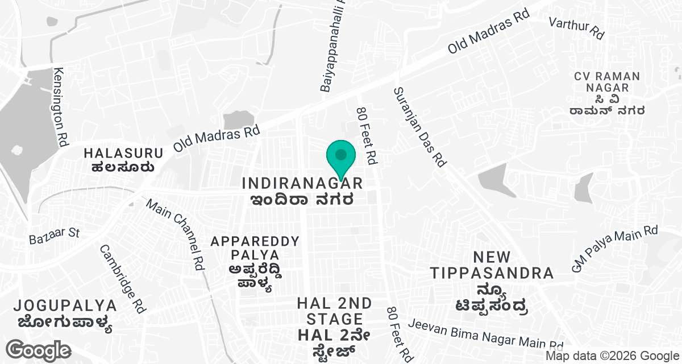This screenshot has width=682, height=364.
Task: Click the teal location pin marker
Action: pyautogui.click(x=340, y=158)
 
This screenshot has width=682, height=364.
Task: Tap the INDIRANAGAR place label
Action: pyautogui.click(x=302, y=183)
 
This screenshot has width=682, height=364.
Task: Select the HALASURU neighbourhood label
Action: pyautogui.click(x=123, y=153)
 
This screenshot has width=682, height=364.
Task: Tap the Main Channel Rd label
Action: pyautogui.click(x=176, y=234)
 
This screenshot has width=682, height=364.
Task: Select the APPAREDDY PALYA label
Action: pyautogui.click(x=255, y=248)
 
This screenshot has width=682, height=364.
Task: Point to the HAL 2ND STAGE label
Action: pyautogui.click(x=334, y=311)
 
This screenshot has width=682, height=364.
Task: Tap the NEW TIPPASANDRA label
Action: pyautogui.click(x=492, y=265)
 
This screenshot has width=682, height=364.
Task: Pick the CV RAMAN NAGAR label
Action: pyautogui.click(x=607, y=82)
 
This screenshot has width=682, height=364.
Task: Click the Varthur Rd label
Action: pyautogui.click(x=576, y=27)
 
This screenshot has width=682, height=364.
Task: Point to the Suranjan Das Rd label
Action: pyautogui.click(x=419, y=126)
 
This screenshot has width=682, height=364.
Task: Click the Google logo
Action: pyautogui.click(x=39, y=349)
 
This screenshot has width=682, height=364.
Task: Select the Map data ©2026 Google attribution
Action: pyautogui.click(x=612, y=356)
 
